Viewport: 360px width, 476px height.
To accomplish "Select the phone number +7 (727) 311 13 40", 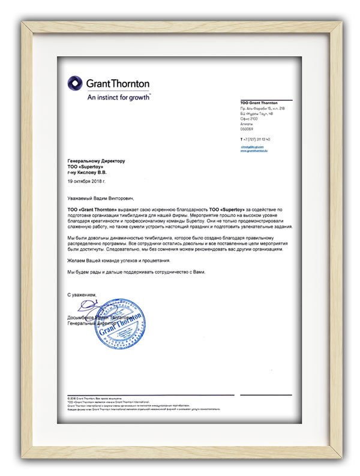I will point(255,139).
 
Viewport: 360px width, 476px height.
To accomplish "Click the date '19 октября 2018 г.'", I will point(87,180).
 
